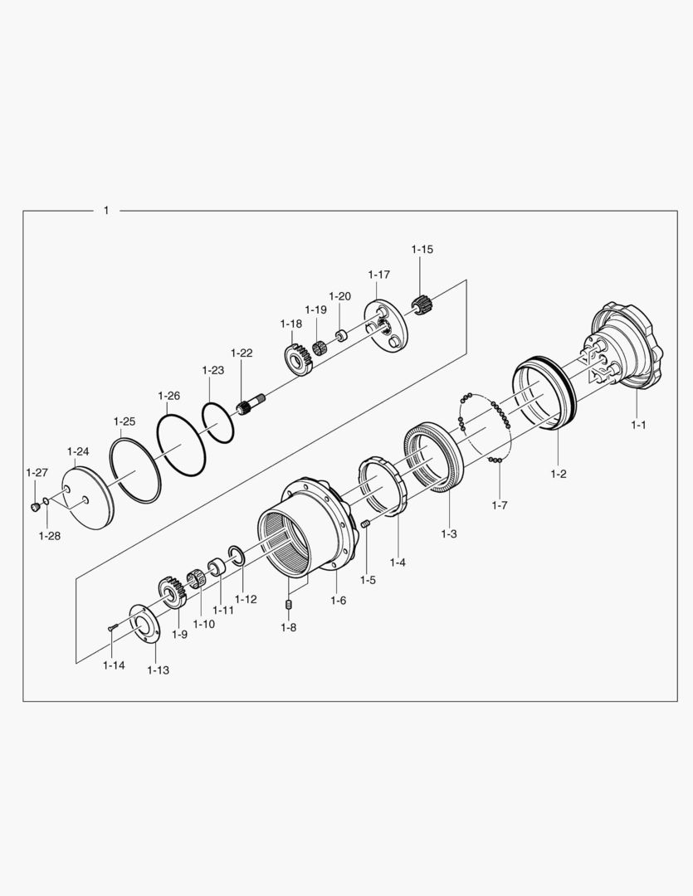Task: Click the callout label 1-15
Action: click(422, 249)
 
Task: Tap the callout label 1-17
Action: click(379, 275)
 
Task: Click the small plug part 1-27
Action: click(35, 506)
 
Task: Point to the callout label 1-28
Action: click(50, 536)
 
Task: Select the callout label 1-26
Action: click(168, 396)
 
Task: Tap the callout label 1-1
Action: click(638, 425)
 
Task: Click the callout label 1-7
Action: click(499, 505)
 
